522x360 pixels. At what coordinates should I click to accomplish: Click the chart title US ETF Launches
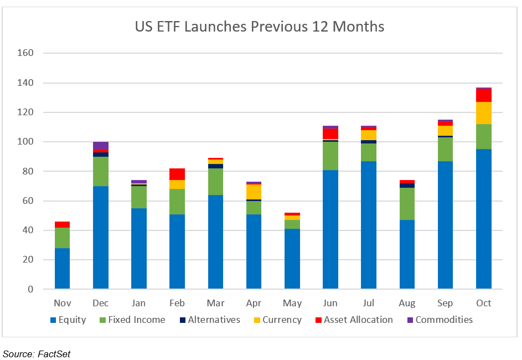260,27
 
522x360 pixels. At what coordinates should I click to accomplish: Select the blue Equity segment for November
62,268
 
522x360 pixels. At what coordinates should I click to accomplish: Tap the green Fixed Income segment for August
407,204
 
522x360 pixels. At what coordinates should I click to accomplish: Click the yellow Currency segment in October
484,113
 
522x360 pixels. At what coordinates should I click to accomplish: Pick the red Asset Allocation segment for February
177,174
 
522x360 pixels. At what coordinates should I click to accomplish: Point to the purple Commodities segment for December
100,145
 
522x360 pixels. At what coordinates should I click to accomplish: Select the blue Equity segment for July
369,225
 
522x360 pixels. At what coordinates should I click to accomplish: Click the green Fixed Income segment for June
330,156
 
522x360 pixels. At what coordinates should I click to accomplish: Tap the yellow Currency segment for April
254,192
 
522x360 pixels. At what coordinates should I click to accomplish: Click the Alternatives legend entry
209,320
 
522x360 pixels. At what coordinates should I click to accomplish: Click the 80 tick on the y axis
28,171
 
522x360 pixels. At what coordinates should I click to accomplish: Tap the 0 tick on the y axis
31,289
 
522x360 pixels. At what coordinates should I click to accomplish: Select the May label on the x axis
292,303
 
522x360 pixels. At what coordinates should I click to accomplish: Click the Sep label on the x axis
445,303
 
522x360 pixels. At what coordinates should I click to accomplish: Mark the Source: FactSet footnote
37,354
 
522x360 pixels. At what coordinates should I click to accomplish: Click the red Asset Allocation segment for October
484,95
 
